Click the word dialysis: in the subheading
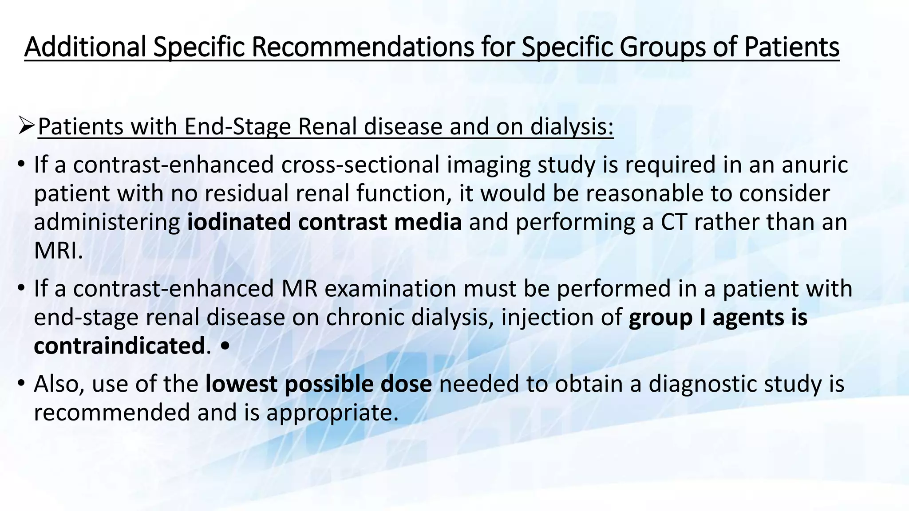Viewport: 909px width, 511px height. (x=572, y=126)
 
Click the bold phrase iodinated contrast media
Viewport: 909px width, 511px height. (x=324, y=222)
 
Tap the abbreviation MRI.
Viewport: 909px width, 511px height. (x=58, y=251)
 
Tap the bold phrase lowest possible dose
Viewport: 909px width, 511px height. (x=318, y=384)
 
